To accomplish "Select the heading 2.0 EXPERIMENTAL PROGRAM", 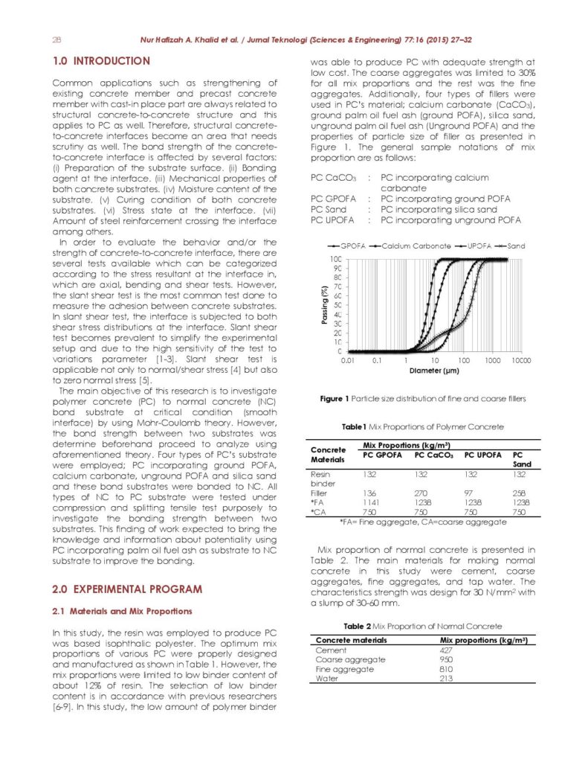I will pos(126,589).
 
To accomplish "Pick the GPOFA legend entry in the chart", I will pos(346,245).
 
